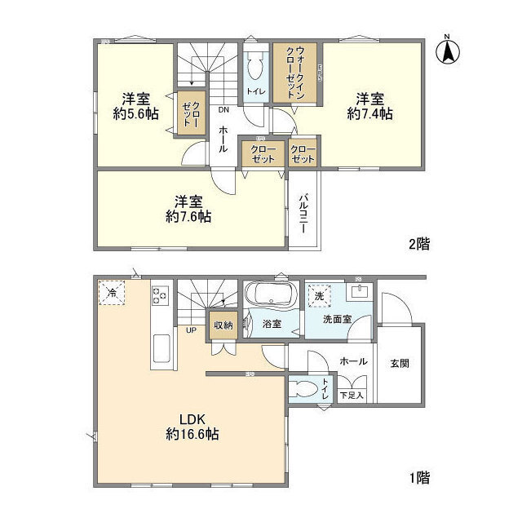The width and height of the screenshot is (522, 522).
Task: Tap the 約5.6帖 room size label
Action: point(135,114)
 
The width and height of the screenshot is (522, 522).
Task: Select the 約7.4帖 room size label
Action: point(369,114)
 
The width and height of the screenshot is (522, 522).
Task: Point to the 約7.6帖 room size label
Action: point(188,217)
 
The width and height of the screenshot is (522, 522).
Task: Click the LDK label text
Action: point(192,418)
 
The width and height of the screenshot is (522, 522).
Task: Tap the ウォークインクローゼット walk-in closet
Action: point(295,73)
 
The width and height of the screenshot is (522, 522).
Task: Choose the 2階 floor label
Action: point(419,244)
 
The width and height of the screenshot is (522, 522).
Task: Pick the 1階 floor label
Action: point(419,478)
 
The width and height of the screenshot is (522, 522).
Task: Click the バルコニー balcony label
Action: point(303,213)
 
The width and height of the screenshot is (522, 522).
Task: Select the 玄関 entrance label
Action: point(400,363)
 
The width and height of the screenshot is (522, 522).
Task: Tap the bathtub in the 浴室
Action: point(272,294)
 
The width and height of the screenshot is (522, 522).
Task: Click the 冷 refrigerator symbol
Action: point(112,293)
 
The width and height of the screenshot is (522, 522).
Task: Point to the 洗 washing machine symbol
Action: point(319,295)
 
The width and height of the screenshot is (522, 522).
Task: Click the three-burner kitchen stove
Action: point(161,295)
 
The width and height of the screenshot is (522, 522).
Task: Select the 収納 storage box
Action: point(223,325)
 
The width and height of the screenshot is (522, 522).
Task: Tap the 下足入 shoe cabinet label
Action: point(352,396)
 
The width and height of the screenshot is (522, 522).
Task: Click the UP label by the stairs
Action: point(191,330)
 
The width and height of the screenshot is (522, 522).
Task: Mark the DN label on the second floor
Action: point(224,109)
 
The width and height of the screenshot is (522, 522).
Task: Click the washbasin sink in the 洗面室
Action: point(359,292)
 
